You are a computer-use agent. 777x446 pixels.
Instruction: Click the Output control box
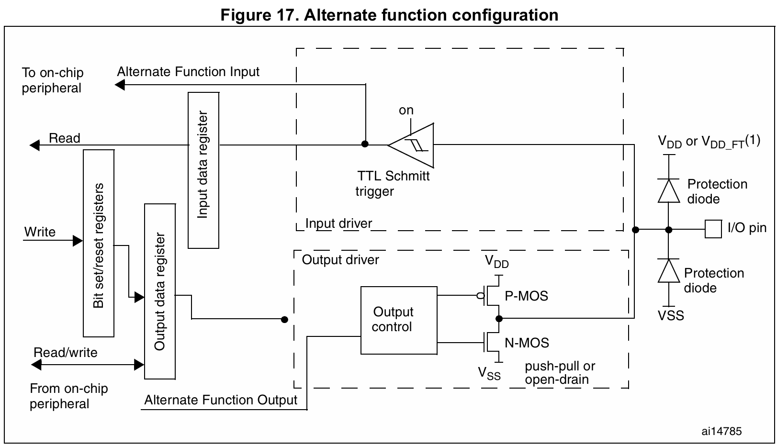[x=398, y=320]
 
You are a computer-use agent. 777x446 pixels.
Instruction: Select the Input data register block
[x=203, y=170]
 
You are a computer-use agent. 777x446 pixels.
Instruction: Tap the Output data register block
[x=159, y=291]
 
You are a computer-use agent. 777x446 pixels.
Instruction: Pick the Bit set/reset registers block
[x=99, y=243]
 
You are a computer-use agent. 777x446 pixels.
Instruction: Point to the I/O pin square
[x=713, y=229]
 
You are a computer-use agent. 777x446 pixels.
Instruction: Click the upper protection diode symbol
[x=669, y=191]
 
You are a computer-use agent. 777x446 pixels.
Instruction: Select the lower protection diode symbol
[x=669, y=271]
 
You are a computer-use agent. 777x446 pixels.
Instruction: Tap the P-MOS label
[x=526, y=296]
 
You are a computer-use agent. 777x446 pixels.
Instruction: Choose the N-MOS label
[x=527, y=343]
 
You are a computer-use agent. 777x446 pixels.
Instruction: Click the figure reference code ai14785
[x=721, y=431]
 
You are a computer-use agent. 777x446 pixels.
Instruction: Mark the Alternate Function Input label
[x=188, y=72]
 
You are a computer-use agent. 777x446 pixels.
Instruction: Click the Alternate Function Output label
[x=221, y=400]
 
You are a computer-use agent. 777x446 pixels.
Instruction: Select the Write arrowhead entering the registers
[x=78, y=240]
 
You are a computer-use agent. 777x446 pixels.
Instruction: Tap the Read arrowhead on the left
[x=34, y=145]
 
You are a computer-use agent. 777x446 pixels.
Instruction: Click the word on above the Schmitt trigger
[x=406, y=111]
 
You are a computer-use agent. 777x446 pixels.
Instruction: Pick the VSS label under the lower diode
[x=671, y=316]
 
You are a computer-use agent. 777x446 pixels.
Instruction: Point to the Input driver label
[x=338, y=223]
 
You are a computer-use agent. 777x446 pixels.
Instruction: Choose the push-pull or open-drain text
[x=559, y=373]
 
